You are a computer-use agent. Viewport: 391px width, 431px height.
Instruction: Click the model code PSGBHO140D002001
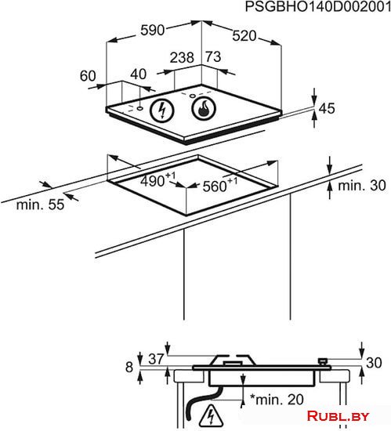[x=318, y=6]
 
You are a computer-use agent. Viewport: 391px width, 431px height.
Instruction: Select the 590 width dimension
[x=153, y=30]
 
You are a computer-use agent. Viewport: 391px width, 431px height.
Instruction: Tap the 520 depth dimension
[x=244, y=36]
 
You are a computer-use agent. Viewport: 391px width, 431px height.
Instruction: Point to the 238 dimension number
[x=182, y=57]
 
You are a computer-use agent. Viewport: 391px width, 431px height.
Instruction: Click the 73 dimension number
[x=213, y=56]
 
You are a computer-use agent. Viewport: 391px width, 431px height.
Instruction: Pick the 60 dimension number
[x=88, y=76]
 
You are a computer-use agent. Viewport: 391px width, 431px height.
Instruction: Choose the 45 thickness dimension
[x=327, y=108]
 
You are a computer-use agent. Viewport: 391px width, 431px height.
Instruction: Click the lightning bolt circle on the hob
[x=162, y=110]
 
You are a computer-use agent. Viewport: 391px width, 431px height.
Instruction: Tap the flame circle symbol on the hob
[x=204, y=108]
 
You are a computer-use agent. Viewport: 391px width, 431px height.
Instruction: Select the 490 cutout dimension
[x=157, y=179]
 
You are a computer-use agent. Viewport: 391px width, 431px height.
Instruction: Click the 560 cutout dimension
[x=220, y=185]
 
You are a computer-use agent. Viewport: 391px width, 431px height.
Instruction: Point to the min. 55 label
[x=40, y=205]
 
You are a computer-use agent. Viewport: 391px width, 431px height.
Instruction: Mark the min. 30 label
[x=362, y=186]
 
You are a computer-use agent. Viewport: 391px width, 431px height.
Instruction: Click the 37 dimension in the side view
[x=156, y=359]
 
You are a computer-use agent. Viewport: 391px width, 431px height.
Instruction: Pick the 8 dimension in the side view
[x=129, y=367]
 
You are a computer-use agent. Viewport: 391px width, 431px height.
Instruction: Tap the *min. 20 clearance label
[x=277, y=400]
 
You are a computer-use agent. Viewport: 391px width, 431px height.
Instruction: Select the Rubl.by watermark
[x=338, y=416]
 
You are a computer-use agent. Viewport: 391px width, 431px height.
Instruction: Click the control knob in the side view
[x=323, y=361]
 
